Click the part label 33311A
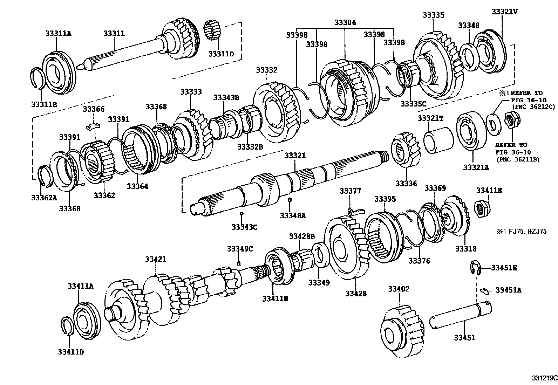(x=58, y=34)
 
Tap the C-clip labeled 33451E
(x=474, y=268)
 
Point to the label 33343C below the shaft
(x=244, y=227)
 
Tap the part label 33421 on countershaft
(x=156, y=259)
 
